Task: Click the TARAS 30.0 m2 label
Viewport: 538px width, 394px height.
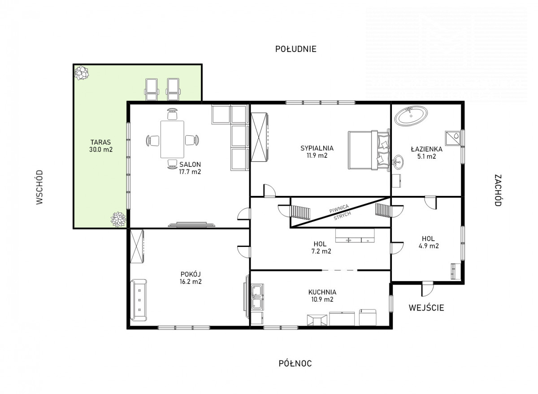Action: pos(101,146)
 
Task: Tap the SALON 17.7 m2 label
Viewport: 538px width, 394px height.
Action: pos(190,168)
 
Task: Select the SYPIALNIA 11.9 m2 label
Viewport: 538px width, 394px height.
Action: pos(317,152)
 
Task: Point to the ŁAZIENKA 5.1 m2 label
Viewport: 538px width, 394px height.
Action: pos(426,153)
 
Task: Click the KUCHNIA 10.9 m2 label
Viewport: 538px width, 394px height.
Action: pos(322,295)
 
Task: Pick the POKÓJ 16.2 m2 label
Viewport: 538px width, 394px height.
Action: pos(191,277)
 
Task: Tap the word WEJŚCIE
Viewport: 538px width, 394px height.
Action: pos(426,307)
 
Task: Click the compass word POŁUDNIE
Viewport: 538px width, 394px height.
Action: pos(295,49)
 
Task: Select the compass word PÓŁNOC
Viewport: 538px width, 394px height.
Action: pos(295,363)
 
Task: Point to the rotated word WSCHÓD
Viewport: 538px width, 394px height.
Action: pos(39,187)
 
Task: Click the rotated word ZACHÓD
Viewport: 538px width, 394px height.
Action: pos(498,190)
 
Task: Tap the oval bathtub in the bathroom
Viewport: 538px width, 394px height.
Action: pos(411,116)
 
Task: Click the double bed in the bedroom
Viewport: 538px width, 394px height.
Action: pos(369,150)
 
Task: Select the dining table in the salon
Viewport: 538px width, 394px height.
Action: pos(172,139)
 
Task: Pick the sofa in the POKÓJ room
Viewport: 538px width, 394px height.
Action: pos(139,300)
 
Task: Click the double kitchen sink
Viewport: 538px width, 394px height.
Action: pos(257,298)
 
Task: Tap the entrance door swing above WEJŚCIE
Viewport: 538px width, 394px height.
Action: pos(428,289)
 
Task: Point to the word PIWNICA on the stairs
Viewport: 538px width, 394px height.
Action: pos(339,208)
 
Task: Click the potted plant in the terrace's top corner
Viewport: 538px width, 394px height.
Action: pos(82,73)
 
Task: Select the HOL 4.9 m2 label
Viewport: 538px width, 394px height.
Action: pos(429,242)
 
